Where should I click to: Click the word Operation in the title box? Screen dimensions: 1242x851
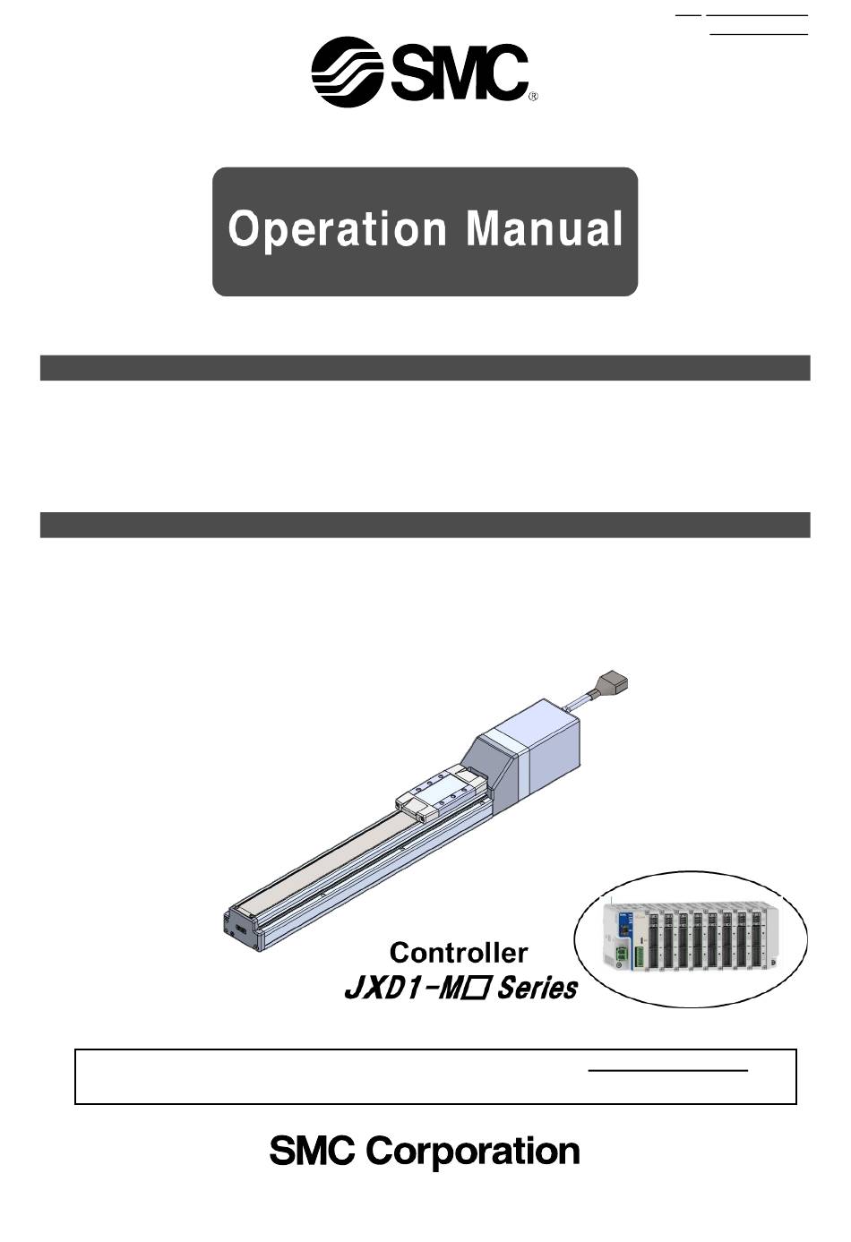[x=337, y=229]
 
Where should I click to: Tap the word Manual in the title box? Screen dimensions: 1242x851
[x=544, y=229]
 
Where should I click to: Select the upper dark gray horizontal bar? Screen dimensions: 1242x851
[x=425, y=368]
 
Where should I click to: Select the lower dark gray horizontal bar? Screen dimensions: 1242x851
[x=425, y=525]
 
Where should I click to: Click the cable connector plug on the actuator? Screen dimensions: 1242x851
[x=614, y=683]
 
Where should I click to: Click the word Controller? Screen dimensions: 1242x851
[x=459, y=953]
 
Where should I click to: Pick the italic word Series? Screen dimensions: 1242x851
[x=537, y=989]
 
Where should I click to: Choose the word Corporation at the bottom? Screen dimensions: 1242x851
[x=473, y=1152]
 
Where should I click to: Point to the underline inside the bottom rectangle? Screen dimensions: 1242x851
[x=667, y=1070]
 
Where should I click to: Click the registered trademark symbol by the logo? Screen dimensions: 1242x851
[x=533, y=97]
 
